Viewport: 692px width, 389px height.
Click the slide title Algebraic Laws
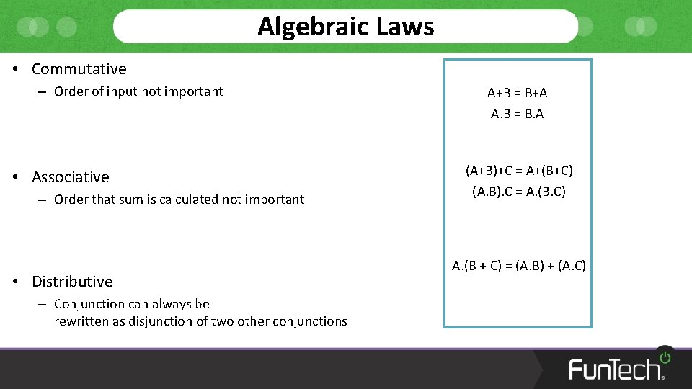pyautogui.click(x=346, y=27)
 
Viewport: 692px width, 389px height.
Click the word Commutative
pyautogui.click(x=79, y=69)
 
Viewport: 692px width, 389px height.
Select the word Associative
pyautogui.click(x=71, y=177)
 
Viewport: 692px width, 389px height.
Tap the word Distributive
pyautogui.click(x=72, y=282)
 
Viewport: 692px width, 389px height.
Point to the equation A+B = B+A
pyautogui.click(x=518, y=93)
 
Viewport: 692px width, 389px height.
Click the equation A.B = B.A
pyautogui.click(x=518, y=114)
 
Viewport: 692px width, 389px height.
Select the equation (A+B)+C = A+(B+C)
pyautogui.click(x=519, y=171)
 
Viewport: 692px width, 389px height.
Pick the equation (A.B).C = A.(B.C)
pyautogui.click(x=519, y=192)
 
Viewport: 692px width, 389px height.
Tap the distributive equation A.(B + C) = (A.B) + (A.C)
pyautogui.click(x=519, y=266)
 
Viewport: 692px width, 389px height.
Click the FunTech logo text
pyautogui.click(x=615, y=369)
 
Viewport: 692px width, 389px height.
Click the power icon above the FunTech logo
pyautogui.click(x=665, y=357)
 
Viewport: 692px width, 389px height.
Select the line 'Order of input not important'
pyautogui.click(x=138, y=91)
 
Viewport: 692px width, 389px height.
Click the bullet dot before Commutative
pyautogui.click(x=15, y=69)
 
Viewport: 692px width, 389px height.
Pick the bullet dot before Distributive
pyautogui.click(x=15, y=282)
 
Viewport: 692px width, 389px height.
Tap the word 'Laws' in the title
pyautogui.click(x=407, y=27)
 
